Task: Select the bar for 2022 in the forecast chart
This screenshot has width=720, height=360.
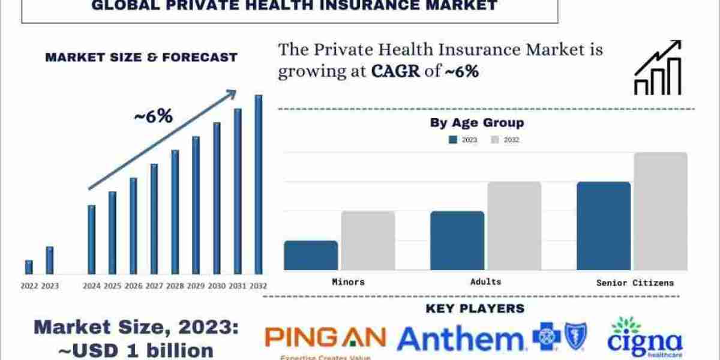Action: (29, 267)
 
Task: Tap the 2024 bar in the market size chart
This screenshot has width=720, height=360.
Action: (91, 239)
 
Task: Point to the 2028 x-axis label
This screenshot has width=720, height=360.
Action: (175, 286)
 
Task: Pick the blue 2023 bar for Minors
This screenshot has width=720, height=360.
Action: (311, 255)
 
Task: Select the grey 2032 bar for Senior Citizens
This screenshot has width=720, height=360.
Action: (661, 211)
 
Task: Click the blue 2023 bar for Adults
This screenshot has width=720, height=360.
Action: (457, 241)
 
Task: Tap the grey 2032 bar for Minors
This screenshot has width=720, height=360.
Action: (368, 241)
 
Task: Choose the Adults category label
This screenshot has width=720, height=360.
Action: (486, 281)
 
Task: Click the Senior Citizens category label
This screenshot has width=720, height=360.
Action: (635, 283)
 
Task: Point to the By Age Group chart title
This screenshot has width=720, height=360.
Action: (476, 123)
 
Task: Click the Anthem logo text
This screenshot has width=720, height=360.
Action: (460, 339)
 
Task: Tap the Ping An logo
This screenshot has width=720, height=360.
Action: (325, 339)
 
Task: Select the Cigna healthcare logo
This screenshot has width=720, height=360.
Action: (644, 339)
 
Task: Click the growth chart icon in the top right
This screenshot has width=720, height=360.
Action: (658, 67)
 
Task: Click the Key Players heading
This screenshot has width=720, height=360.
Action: (475, 308)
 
